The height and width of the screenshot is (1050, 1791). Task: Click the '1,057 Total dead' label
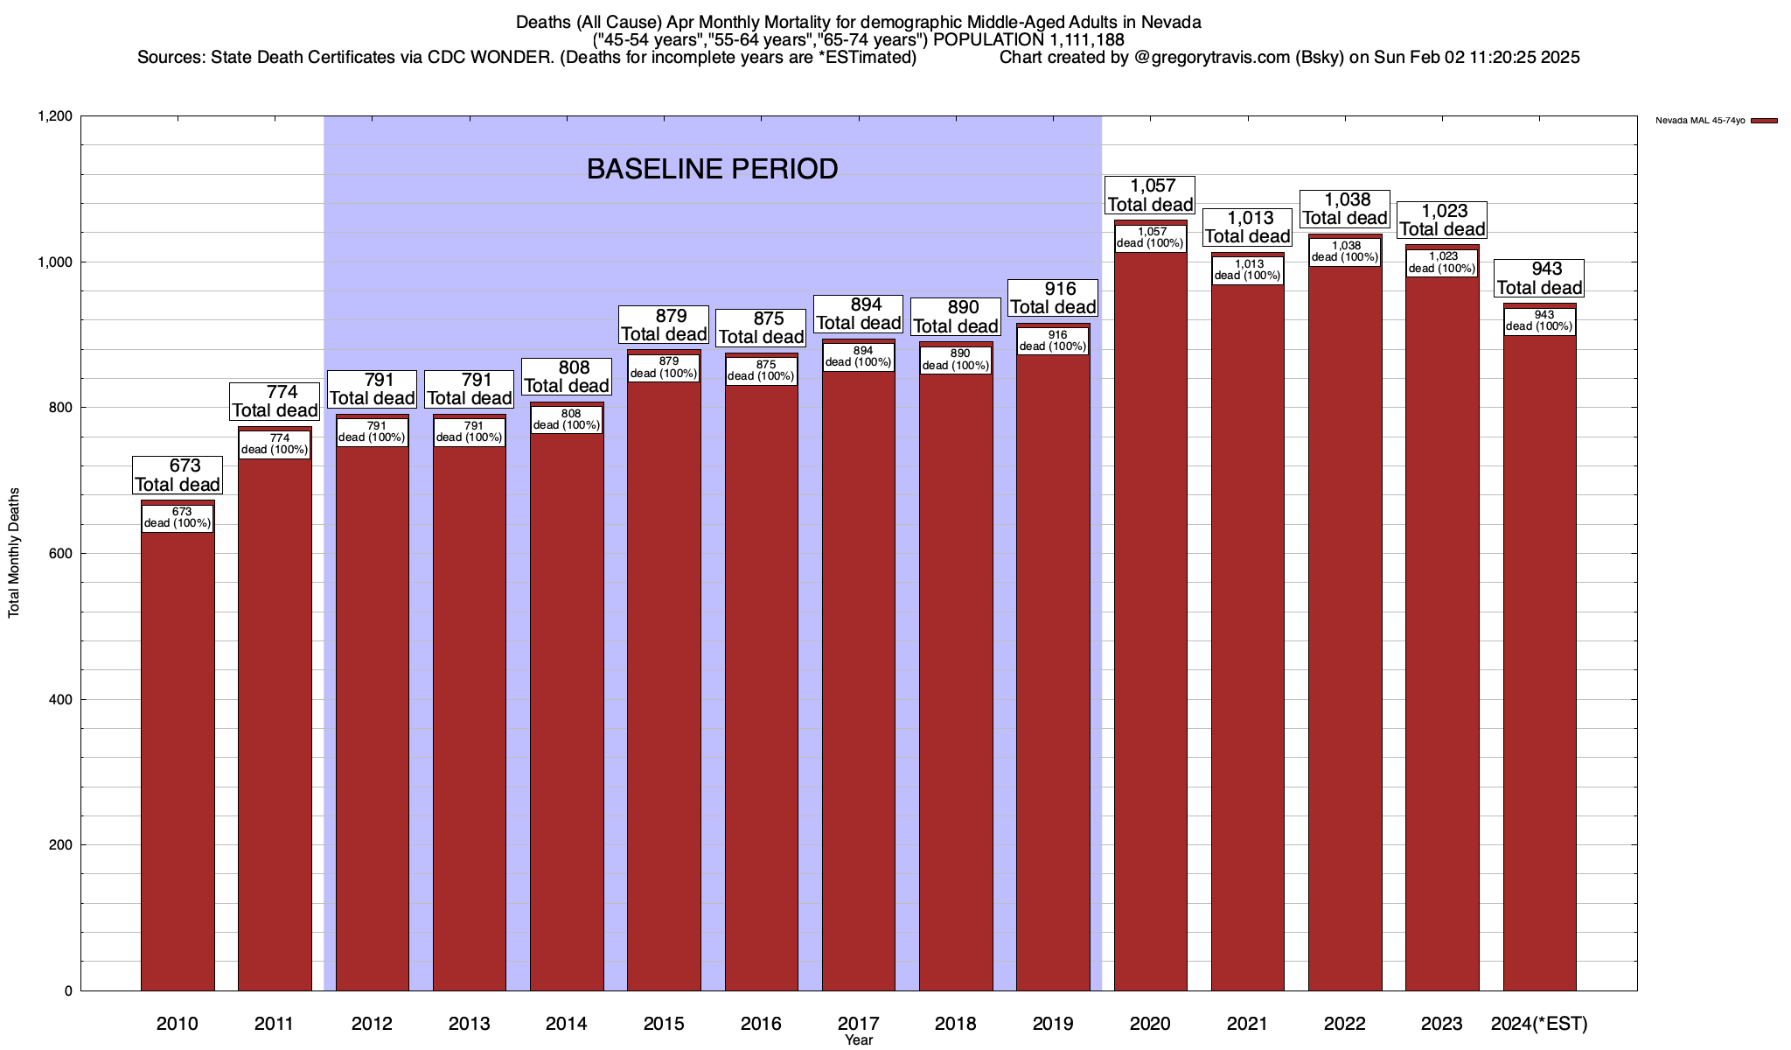click(1150, 195)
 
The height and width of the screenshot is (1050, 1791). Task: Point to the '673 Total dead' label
click(178, 475)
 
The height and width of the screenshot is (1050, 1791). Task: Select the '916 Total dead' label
click(1053, 298)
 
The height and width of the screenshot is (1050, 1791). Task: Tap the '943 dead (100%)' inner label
click(1539, 321)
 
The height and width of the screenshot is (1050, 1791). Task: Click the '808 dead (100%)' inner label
click(567, 420)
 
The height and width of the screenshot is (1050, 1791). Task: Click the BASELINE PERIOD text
click(712, 169)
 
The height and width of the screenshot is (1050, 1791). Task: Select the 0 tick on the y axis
click(67, 991)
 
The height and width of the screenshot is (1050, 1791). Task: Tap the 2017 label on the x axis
click(858, 1024)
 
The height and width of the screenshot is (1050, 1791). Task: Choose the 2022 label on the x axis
click(1344, 1024)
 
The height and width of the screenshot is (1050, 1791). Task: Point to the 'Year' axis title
click(858, 1040)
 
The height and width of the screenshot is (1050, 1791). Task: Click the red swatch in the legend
click(1764, 121)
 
